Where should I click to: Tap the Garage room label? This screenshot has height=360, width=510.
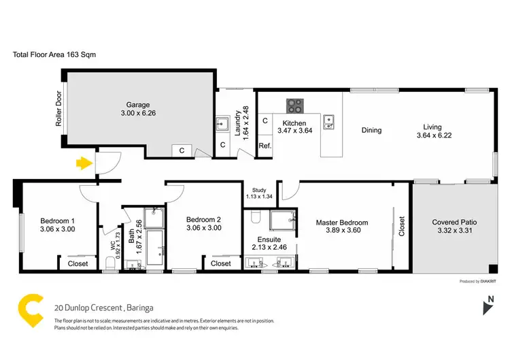point(138,105)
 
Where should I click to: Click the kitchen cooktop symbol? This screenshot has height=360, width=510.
point(295,105)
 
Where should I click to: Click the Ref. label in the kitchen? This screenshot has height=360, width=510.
point(265,146)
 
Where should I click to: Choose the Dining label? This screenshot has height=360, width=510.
point(371,130)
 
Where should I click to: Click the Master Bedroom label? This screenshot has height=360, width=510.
point(341,223)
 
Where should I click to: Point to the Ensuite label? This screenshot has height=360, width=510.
point(269,239)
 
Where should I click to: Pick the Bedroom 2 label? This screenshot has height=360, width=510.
point(203,219)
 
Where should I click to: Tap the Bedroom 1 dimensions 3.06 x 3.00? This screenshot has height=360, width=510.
point(57,229)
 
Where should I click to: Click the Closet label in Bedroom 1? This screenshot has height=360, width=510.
point(78,263)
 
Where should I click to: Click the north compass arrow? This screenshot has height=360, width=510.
point(486,308)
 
